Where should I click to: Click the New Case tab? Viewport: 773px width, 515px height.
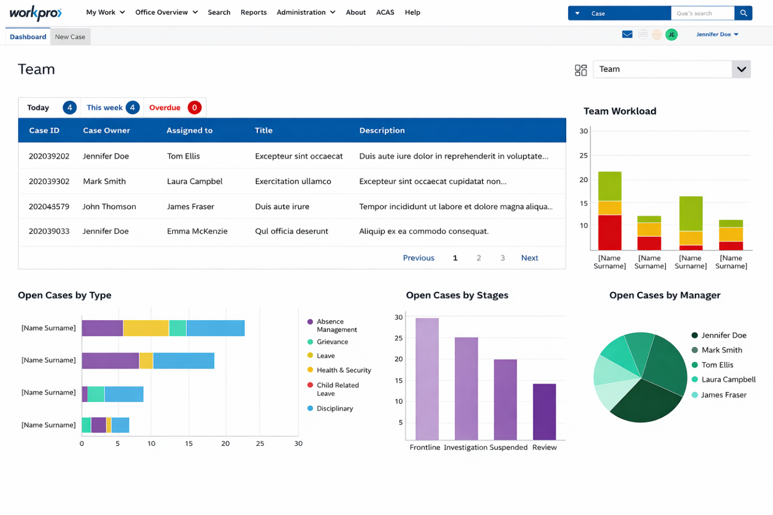tap(70, 37)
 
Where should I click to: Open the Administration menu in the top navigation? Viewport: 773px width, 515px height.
tap(306, 12)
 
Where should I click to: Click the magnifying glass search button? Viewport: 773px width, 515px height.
tap(743, 13)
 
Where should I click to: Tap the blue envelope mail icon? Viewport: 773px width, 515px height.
tap(627, 34)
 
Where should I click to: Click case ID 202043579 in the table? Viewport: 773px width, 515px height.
tap(49, 207)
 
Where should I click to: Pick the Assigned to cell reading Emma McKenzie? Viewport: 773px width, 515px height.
tap(197, 231)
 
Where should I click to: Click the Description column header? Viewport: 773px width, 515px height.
tap(382, 130)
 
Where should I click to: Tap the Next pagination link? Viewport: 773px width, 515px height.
tap(529, 258)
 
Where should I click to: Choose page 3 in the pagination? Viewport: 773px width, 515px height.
tap(502, 258)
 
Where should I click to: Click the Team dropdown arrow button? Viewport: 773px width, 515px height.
tap(741, 69)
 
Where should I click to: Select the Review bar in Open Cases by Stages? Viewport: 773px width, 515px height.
tap(544, 412)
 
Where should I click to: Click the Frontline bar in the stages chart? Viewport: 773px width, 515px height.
tap(427, 379)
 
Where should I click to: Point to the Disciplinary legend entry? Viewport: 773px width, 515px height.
tap(334, 409)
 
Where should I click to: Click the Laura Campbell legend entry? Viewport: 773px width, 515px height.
tap(728, 379)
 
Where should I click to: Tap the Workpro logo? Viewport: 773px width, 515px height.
tap(36, 13)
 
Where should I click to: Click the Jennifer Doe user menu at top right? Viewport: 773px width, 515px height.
tap(717, 34)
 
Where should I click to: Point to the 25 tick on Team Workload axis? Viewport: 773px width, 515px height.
tap(583, 155)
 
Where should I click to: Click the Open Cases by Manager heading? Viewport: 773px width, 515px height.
tap(664, 295)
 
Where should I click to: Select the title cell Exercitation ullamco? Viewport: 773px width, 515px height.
tap(292, 182)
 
